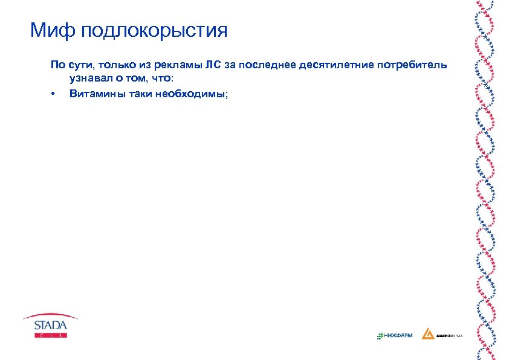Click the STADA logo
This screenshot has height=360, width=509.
click(x=50, y=325)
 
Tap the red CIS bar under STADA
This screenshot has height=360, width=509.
click(x=50, y=335)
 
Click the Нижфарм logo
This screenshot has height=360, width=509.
click(x=394, y=335)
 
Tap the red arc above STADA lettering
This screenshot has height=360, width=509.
click(x=50, y=315)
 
